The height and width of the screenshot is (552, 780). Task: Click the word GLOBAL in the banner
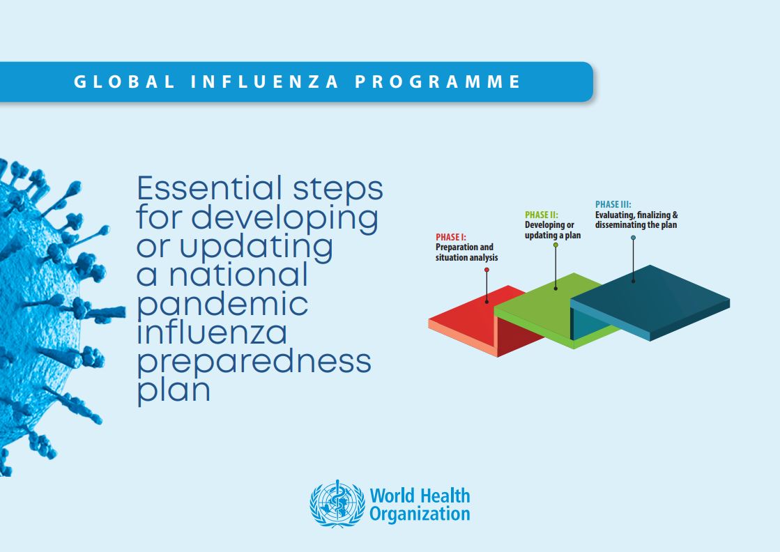[124, 82]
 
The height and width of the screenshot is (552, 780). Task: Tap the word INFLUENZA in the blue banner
[265, 82]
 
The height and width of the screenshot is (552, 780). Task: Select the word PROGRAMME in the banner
[438, 82]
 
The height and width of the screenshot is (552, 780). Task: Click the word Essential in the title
[209, 188]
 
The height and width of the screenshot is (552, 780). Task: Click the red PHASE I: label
[451, 237]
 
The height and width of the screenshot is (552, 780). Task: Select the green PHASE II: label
[541, 215]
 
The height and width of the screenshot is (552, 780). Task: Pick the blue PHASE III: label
[613, 204]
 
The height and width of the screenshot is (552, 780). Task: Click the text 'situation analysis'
[466, 258]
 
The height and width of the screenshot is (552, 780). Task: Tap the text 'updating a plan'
[553, 235]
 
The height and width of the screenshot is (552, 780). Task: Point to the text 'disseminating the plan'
[636, 225]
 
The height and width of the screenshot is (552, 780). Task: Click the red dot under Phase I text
[487, 270]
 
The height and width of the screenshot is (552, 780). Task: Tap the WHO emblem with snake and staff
[337, 504]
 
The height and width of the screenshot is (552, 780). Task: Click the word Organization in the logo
[420, 514]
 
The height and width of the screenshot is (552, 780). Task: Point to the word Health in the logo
[444, 496]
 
